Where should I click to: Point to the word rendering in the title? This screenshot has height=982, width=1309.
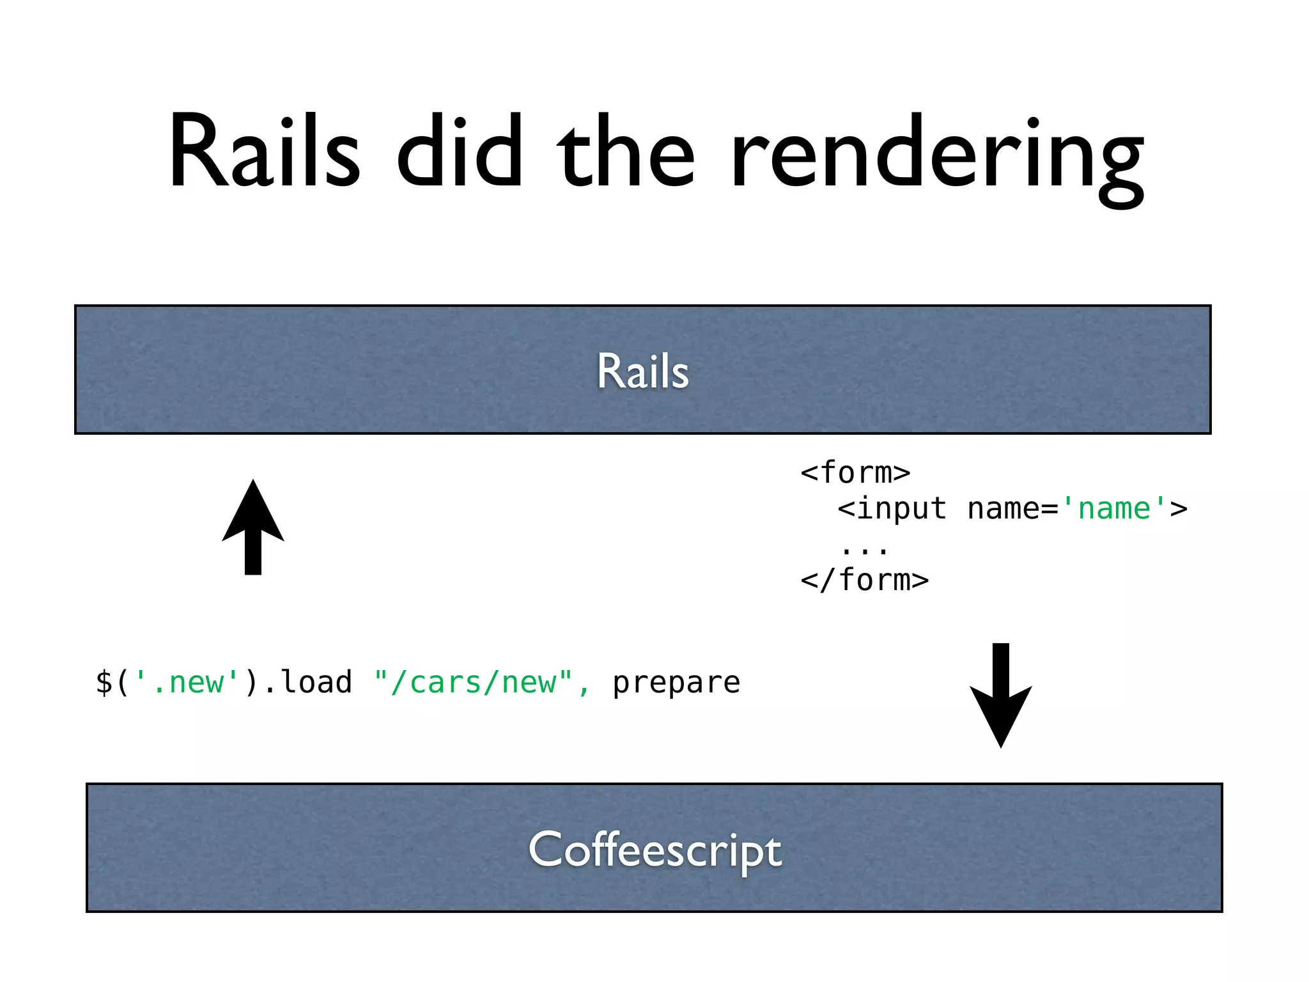[937, 157]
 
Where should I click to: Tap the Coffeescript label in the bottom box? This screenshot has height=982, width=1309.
[654, 850]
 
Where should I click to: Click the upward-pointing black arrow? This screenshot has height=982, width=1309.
[253, 527]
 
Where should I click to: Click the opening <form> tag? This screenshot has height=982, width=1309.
[855, 473]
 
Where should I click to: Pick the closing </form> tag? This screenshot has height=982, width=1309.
[864, 581]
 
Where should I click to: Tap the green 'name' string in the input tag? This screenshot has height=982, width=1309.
[1114, 509]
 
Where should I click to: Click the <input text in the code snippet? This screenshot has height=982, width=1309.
[892, 509]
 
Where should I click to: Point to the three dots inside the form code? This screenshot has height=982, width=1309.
[864, 549]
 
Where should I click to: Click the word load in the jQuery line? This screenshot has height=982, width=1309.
[317, 682]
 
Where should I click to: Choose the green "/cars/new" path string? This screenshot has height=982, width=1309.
[473, 682]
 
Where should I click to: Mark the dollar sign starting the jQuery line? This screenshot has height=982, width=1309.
[104, 682]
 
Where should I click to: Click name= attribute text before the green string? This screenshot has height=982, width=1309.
[1013, 509]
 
